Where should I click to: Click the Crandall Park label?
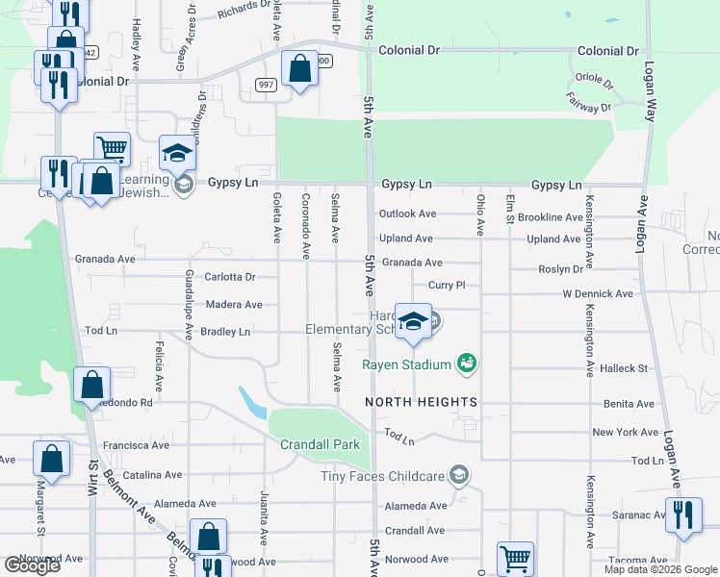pyautogui.click(x=320, y=444)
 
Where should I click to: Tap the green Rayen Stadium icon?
pyautogui.click(x=468, y=364)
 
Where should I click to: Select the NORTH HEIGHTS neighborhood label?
pyautogui.click(x=421, y=401)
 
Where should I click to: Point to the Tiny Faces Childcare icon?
pyautogui.click(x=460, y=475)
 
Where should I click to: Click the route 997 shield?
pyautogui.click(x=267, y=85)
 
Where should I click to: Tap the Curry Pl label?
pyautogui.click(x=447, y=286)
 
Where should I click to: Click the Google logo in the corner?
pyautogui.click(x=32, y=565)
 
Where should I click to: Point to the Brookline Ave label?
pyautogui.click(x=550, y=218)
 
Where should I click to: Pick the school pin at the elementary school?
pyautogui.click(x=413, y=324)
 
